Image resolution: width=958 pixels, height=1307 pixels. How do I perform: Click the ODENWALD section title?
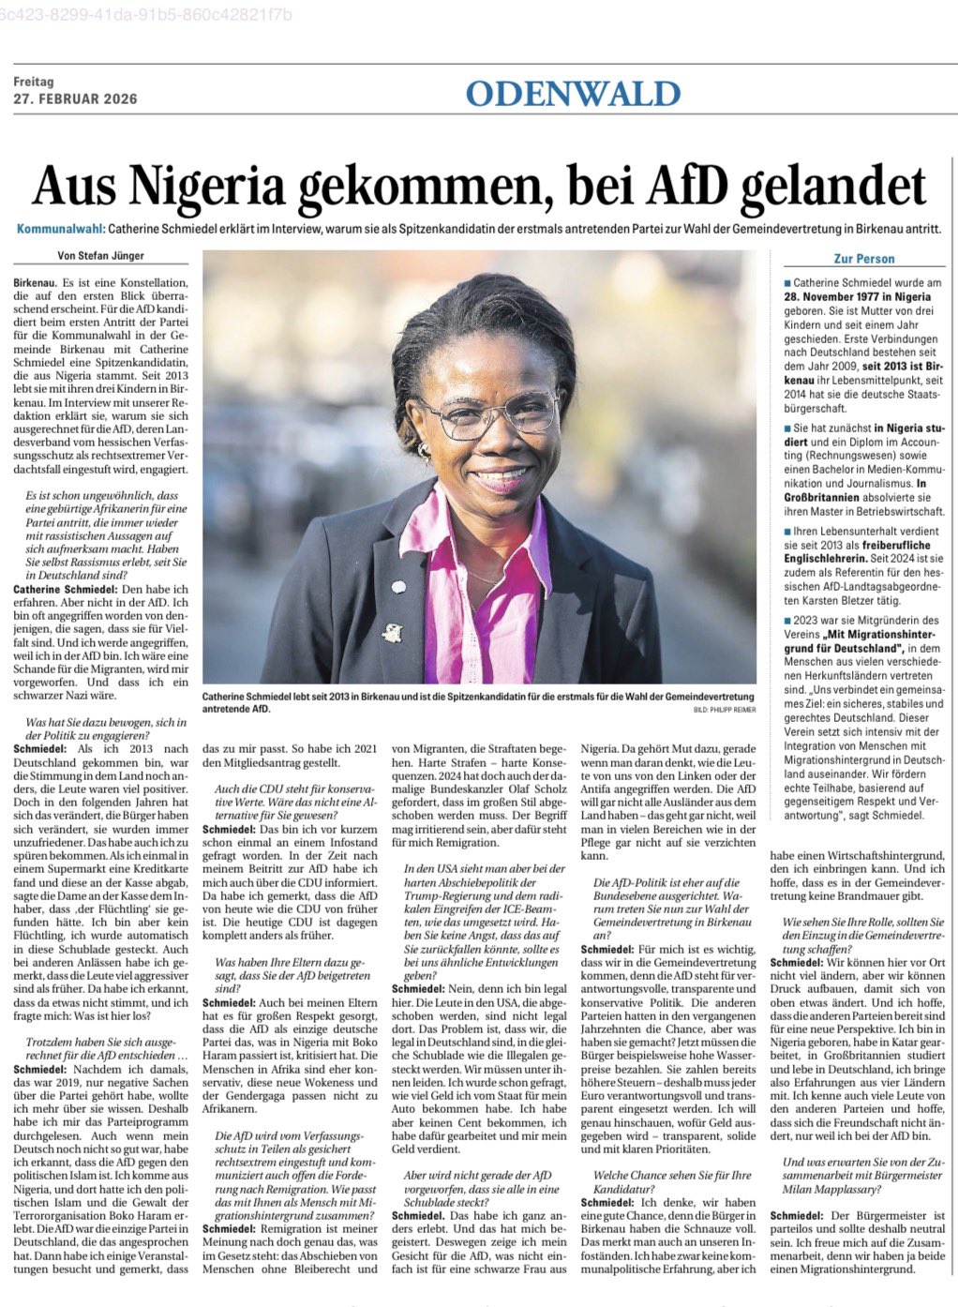point(572,94)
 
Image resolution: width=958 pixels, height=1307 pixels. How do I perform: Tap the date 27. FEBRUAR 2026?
point(75,99)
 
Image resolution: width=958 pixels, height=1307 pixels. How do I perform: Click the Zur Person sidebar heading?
point(863,259)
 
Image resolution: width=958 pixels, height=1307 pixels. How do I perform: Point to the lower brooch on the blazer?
point(391,634)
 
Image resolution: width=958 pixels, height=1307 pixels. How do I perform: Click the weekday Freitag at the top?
point(34,82)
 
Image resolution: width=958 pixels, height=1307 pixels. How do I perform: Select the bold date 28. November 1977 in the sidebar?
point(858,296)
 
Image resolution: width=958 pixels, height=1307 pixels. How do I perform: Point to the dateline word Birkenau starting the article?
point(36,282)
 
